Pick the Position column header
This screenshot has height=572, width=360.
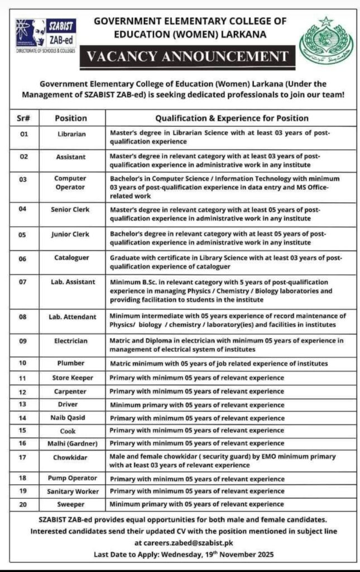click(x=71, y=118)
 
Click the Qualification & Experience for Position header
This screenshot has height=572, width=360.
click(x=231, y=118)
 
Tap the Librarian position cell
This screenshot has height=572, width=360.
click(x=71, y=135)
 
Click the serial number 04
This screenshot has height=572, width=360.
click(x=23, y=209)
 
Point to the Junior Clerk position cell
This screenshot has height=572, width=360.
click(x=71, y=235)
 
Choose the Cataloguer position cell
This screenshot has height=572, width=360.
click(x=71, y=259)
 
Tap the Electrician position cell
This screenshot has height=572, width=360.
click(x=71, y=341)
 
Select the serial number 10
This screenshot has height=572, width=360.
click(x=23, y=363)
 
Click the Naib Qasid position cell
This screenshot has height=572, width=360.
click(x=71, y=418)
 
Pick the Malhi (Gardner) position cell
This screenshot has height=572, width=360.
click(x=71, y=443)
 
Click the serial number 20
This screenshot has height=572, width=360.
click(x=23, y=504)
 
